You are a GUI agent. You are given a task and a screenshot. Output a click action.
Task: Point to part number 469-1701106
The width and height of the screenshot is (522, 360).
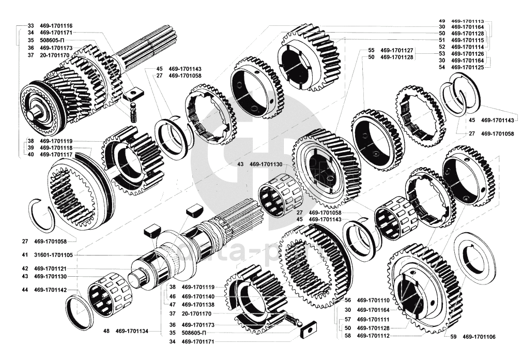tap(479, 337)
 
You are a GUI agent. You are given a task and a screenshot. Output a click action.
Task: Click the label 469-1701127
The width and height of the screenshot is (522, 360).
tap(397, 50)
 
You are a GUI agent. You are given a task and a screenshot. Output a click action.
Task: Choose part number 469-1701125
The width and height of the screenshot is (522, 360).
tap(468, 67)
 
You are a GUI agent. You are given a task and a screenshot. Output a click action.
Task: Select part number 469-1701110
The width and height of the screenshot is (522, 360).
tap(373, 300)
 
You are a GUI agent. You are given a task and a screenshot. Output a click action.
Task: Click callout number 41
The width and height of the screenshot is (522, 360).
tap(24, 255)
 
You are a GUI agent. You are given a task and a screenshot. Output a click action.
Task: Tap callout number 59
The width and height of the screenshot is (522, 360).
tap(453, 337)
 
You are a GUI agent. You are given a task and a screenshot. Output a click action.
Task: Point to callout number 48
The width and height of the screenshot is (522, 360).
tap(106, 331)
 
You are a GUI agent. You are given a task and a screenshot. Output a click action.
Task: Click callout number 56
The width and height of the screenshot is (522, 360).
tap(348, 300)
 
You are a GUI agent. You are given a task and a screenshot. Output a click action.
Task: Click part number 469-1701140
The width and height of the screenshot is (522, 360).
tap(198, 296)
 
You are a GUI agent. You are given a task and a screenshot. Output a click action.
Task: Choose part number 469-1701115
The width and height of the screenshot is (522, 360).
tap(468, 40)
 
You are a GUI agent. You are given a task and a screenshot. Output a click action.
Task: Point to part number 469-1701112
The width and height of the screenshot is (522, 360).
tap(373, 335)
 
